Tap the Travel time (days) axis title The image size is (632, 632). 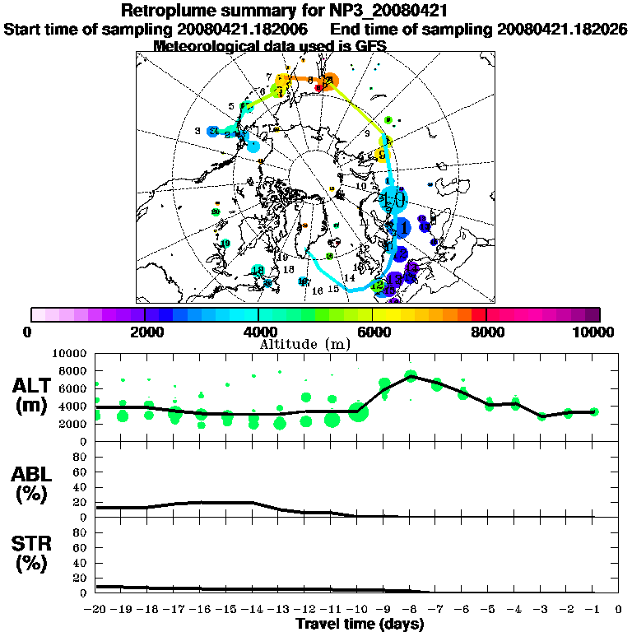tap(360, 625)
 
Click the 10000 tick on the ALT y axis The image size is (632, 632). tap(72, 353)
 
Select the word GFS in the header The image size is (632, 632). tap(371, 46)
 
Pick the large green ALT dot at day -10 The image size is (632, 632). tap(358, 412)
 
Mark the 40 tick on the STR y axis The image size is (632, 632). tap(81, 562)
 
